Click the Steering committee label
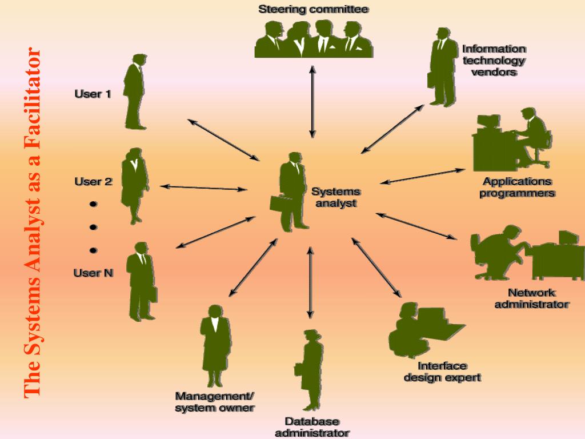point(313,9)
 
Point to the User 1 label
point(93,94)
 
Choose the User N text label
point(93,273)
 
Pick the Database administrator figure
point(310,369)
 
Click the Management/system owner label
point(215,402)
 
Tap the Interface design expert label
point(442,372)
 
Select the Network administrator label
point(531,298)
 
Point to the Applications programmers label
point(517,187)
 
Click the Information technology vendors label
point(494,61)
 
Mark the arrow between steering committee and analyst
point(312,102)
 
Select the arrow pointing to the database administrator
point(310,282)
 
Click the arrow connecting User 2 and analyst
point(204,187)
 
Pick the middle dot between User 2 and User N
point(93,227)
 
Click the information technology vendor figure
point(441,67)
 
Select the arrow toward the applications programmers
point(423,176)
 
